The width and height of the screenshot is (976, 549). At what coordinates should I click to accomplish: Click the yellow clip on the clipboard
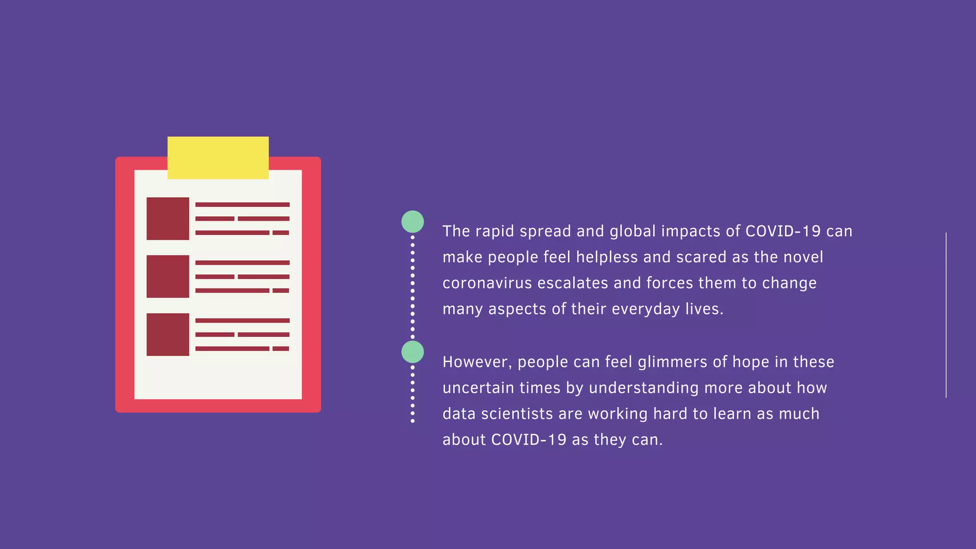click(x=218, y=158)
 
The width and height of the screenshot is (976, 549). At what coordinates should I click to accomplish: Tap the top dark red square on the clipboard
click(x=168, y=218)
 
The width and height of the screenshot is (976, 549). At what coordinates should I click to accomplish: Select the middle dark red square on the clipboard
click(x=168, y=276)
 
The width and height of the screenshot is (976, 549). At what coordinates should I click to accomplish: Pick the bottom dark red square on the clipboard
click(x=168, y=335)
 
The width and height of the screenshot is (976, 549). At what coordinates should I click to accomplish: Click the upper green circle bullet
click(x=413, y=222)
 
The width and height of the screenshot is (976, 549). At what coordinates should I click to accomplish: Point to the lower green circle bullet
click(x=413, y=352)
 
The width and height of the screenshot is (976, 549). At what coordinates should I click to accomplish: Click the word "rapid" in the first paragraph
click(x=495, y=232)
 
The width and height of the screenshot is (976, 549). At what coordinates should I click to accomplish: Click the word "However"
click(x=477, y=362)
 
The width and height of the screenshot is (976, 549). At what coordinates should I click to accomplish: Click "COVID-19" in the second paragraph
click(x=529, y=439)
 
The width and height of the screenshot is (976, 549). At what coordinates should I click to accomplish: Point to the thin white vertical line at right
click(x=946, y=315)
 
